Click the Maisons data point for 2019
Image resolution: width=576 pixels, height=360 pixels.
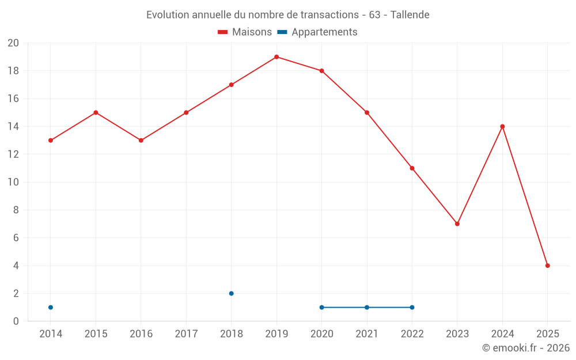(276, 57)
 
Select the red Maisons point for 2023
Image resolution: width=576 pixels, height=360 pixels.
(457, 223)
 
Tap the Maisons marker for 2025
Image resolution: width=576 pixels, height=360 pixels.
(548, 266)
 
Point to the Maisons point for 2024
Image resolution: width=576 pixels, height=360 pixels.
(502, 126)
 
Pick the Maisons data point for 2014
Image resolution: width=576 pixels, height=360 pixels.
(51, 141)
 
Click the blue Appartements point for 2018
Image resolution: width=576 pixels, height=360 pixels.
(232, 293)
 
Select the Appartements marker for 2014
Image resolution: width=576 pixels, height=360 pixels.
(51, 307)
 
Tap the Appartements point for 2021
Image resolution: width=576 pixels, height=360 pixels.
(367, 307)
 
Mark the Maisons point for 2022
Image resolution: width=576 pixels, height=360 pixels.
(412, 168)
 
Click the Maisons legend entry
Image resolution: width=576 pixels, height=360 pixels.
(245, 32)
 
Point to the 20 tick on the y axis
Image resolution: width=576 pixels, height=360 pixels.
(13, 43)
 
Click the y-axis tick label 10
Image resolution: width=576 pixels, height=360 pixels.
(13, 182)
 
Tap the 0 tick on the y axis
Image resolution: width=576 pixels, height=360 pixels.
(16, 321)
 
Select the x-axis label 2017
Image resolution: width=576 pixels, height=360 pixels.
(186, 334)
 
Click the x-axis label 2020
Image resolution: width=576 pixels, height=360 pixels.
(321, 334)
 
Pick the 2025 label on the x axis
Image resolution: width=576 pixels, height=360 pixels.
(548, 334)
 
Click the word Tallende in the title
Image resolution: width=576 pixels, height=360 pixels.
(410, 15)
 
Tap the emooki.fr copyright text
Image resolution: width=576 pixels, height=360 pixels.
(526, 348)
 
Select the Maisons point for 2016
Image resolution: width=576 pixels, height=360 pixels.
(141, 141)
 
